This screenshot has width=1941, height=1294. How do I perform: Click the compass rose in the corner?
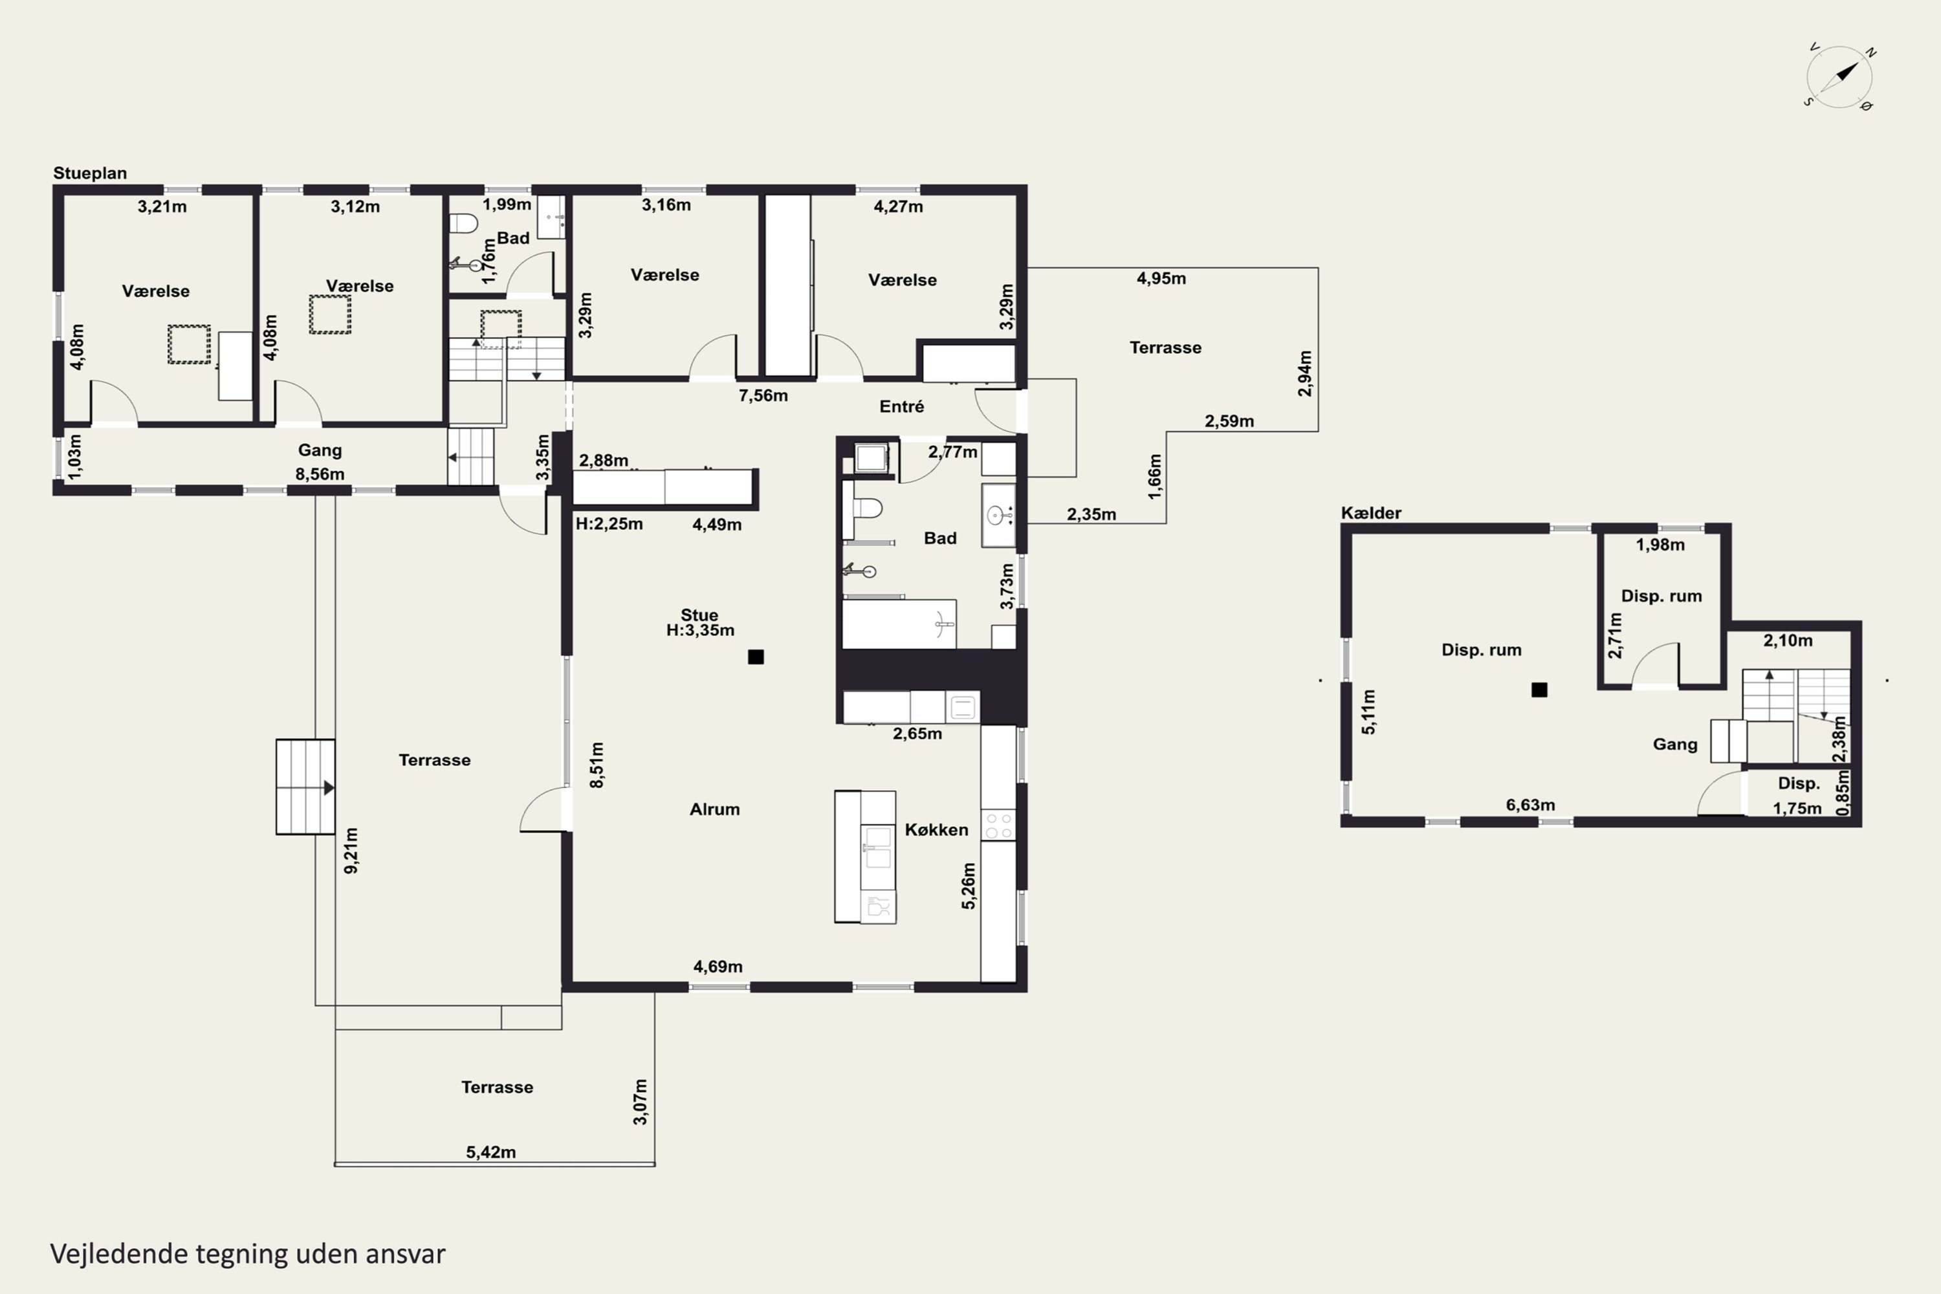pyautogui.click(x=1839, y=77)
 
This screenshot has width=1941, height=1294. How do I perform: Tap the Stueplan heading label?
pyautogui.click(x=90, y=173)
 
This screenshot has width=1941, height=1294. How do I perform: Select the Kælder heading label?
pyautogui.click(x=1371, y=512)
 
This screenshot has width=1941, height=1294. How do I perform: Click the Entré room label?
pyautogui.click(x=901, y=406)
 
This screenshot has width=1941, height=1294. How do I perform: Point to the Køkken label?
pyautogui.click(x=936, y=829)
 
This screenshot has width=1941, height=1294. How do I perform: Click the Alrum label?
pyautogui.click(x=715, y=809)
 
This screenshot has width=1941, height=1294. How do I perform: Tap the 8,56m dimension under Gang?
pyautogui.click(x=320, y=474)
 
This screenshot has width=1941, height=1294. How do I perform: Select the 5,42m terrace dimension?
pyautogui.click(x=491, y=1152)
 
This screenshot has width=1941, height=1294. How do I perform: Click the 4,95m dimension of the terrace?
pyautogui.click(x=1161, y=278)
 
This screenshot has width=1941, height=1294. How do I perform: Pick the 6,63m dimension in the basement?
pyautogui.click(x=1530, y=805)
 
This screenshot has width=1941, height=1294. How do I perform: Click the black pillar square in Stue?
pyautogui.click(x=756, y=657)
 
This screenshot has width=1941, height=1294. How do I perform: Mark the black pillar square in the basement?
pyautogui.click(x=1539, y=690)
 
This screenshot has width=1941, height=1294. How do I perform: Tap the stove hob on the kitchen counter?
pyautogui.click(x=998, y=826)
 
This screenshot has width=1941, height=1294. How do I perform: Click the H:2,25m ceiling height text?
pyautogui.click(x=609, y=524)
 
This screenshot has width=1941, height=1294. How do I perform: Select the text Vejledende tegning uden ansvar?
pyautogui.click(x=248, y=1254)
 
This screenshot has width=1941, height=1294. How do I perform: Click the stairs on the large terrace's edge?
pyautogui.click(x=305, y=787)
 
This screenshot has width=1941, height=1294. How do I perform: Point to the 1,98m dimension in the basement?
pyautogui.click(x=1660, y=545)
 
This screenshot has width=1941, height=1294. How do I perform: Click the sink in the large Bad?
pyautogui.click(x=998, y=516)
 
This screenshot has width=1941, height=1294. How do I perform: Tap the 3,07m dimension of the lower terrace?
pyautogui.click(x=641, y=1102)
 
